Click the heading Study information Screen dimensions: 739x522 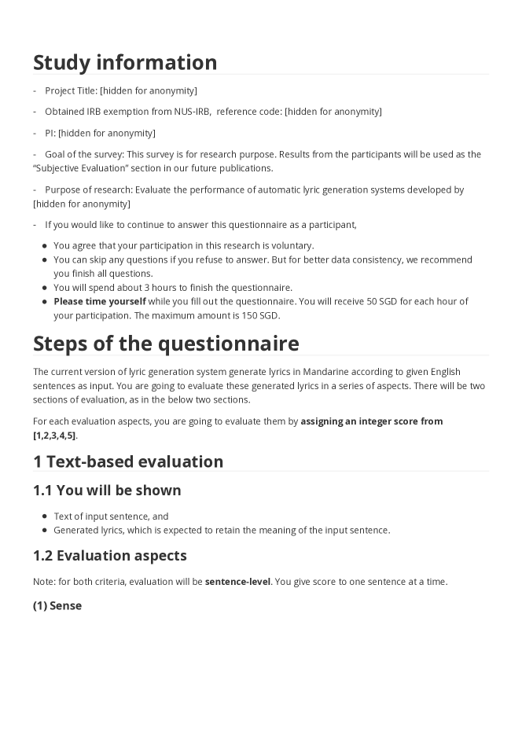(125, 62)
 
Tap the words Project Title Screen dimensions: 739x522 (71, 91)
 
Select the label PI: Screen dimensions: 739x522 (50, 133)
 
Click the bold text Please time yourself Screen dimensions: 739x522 (100, 302)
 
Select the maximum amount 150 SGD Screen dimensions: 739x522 (260, 316)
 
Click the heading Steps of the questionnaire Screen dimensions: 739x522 (166, 344)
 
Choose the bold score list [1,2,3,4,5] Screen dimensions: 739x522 (54, 436)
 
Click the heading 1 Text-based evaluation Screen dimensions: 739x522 (128, 461)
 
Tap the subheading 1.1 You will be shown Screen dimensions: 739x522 (107, 491)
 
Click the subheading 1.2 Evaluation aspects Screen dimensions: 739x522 (110, 556)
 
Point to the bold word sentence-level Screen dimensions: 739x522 (237, 582)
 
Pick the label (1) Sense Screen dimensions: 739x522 (57, 606)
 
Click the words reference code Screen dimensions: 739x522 (248, 112)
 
